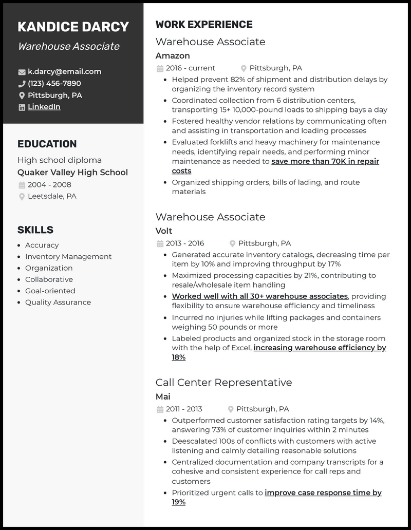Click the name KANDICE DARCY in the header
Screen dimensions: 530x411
tap(73, 27)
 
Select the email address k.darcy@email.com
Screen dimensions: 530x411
tap(64, 71)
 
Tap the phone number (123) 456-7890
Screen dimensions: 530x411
tap(54, 83)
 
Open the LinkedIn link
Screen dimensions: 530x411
tap(44, 107)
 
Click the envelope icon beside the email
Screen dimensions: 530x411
tap(22, 72)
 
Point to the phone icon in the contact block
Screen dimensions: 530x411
tap(22, 84)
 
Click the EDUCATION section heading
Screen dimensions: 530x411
tap(47, 144)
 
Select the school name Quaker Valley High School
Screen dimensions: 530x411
tap(72, 173)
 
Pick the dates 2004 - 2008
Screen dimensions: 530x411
tap(49, 185)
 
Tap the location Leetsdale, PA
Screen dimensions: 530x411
tap(52, 196)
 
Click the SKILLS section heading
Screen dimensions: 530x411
tap(35, 230)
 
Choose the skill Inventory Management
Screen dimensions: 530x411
tap(68, 257)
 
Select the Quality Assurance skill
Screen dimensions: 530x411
tap(58, 302)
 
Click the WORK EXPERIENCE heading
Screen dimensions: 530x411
tap(204, 25)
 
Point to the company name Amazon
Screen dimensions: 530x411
tap(173, 55)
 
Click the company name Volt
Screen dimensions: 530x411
tap(164, 231)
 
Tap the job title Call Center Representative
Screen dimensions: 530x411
tap(223, 383)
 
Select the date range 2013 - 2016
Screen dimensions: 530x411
tap(185, 243)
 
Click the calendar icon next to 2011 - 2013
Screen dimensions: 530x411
tap(160, 409)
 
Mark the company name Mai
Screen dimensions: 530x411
tap(163, 397)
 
